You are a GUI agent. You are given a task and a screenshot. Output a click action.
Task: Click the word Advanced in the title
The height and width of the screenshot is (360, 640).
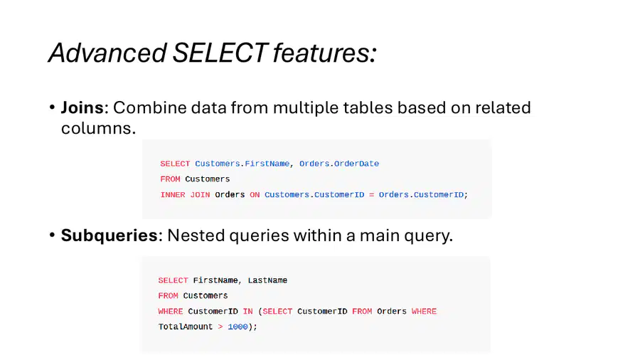pos(107,53)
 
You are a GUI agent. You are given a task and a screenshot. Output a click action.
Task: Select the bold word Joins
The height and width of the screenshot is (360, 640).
pos(82,107)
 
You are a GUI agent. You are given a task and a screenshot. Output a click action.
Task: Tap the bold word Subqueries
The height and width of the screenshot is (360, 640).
pos(109,235)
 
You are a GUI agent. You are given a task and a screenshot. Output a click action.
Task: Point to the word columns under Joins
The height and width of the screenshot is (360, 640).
pos(98,128)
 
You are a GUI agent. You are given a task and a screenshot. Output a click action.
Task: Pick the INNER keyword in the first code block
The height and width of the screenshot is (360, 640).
pos(173,195)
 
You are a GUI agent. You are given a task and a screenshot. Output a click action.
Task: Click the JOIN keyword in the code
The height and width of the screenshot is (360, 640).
pos(200,195)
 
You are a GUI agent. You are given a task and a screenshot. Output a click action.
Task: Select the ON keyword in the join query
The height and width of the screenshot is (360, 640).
pos(255,195)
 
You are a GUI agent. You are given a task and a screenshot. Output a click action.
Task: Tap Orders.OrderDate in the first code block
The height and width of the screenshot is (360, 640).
pos(339,164)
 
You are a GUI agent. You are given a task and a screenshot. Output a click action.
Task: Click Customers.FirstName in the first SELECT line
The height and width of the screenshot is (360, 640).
pos(242,164)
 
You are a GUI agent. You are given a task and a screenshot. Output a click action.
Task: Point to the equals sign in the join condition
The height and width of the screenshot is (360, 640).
pos(371,195)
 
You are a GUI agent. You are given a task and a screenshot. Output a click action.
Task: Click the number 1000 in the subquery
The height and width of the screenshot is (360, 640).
pos(238,327)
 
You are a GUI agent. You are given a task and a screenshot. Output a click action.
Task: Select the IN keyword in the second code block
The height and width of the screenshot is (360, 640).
pos(247,312)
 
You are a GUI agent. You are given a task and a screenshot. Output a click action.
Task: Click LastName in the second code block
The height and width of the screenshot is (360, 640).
pos(267,280)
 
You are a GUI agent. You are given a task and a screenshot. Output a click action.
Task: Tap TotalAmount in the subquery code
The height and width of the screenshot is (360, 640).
pos(186,327)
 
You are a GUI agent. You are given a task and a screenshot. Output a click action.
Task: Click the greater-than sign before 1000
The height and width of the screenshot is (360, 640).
pos(220,327)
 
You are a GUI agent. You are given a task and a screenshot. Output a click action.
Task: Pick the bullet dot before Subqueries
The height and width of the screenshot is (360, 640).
pos(52,235)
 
